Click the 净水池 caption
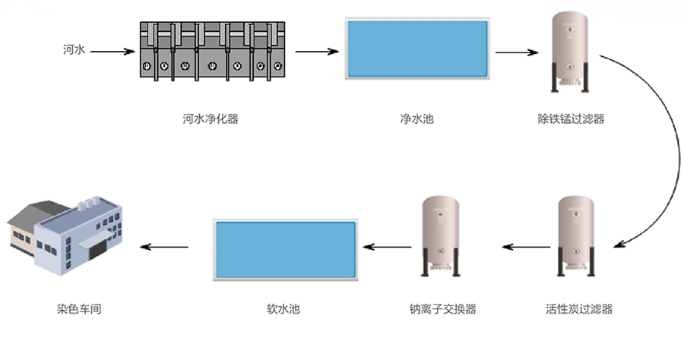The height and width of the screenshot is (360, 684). [417, 119]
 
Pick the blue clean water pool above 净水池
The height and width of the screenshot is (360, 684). [417, 48]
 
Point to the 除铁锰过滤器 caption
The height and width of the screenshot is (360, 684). [571, 119]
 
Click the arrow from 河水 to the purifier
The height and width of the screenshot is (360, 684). [112, 52]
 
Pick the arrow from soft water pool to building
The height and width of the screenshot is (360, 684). [167, 247]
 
